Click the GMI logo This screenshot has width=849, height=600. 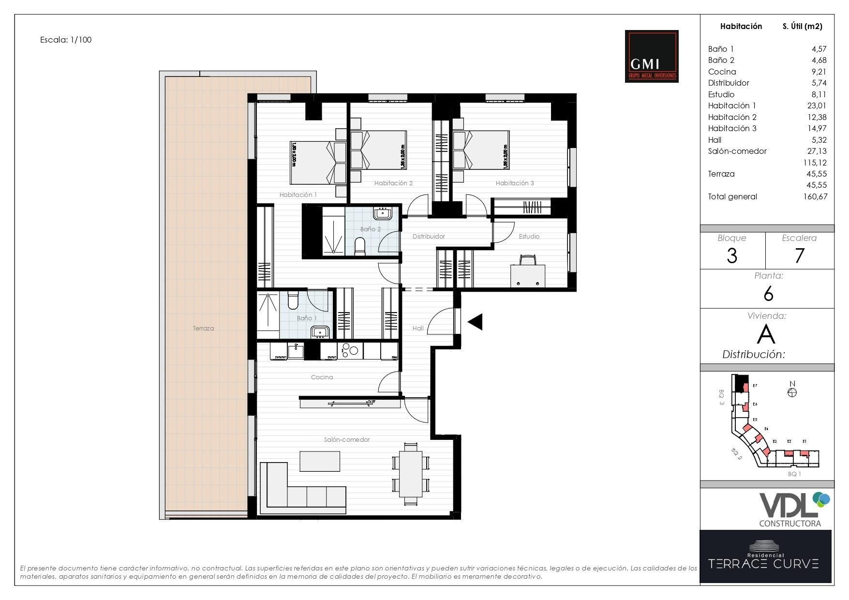651,56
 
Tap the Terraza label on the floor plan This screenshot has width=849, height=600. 203,328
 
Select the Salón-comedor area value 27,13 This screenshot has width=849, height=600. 817,151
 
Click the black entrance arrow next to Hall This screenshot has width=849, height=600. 476,322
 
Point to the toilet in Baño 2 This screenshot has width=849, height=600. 360,245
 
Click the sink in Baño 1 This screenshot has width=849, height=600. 320,332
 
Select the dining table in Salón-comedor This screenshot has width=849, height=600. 411,474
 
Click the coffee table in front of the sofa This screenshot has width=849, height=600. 319,461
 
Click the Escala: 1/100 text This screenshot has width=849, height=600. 66,40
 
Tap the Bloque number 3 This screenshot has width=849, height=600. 732,255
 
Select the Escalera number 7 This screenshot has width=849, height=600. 800,255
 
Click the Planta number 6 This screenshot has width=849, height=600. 768,294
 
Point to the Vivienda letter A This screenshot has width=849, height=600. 766,334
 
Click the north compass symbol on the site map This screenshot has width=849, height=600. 792,392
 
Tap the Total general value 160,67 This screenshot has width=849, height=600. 815,196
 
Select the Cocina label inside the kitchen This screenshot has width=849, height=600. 322,377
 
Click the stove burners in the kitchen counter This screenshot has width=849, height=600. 350,350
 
